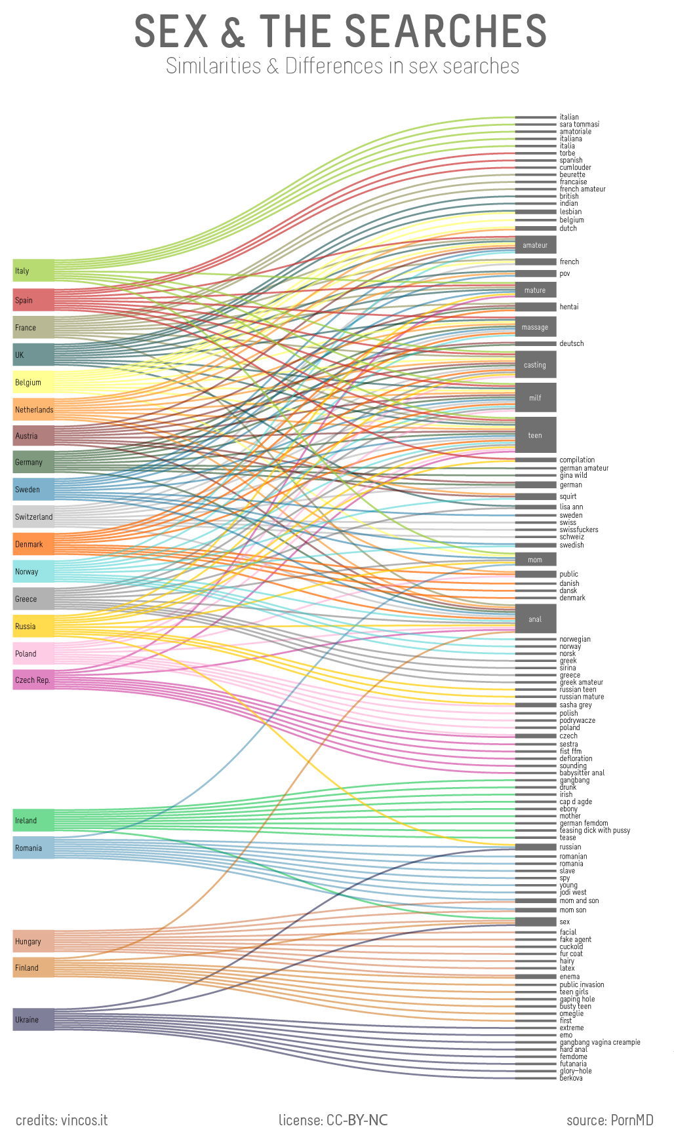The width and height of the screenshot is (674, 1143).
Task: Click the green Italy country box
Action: click(33, 270)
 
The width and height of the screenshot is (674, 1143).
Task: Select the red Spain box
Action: click(33, 300)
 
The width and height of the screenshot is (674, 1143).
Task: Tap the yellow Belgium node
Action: click(33, 382)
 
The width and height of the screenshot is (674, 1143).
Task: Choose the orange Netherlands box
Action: click(33, 410)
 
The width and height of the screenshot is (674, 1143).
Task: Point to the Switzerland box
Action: click(33, 516)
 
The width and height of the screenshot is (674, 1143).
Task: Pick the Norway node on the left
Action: click(33, 571)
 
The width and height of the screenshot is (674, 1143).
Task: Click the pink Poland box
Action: click(33, 653)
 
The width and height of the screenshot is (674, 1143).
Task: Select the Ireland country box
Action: click(33, 820)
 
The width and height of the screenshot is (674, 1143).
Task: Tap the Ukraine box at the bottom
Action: click(33, 1019)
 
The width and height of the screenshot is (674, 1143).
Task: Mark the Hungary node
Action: click(33, 941)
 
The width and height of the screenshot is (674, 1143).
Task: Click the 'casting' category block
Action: click(535, 365)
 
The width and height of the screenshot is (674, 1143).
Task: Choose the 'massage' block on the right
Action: click(535, 327)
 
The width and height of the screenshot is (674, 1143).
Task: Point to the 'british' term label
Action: click(569, 196)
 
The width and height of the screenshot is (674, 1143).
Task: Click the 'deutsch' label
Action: click(571, 343)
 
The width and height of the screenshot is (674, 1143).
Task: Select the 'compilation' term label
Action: click(577, 460)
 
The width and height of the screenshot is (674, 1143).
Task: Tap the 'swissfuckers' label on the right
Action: click(578, 530)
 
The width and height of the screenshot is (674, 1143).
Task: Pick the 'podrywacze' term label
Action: click(577, 720)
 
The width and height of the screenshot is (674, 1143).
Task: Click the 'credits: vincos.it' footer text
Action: click(62, 1120)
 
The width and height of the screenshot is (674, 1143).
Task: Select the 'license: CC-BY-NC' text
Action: click(333, 1120)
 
